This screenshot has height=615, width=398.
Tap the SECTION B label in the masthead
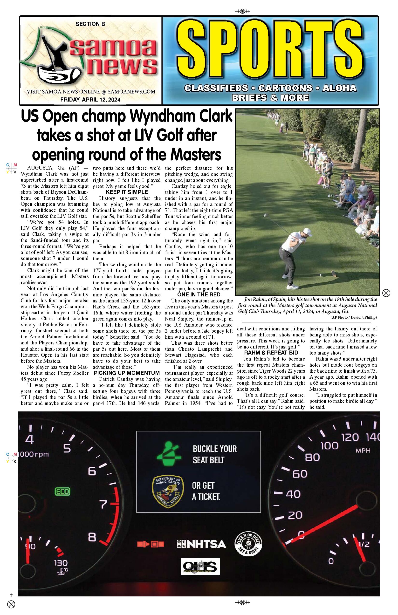click(x=90, y=24)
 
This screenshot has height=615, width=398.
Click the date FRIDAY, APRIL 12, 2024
click(x=90, y=100)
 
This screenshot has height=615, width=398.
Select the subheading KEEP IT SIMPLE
click(x=127, y=192)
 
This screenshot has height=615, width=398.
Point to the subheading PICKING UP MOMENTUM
click(x=127, y=373)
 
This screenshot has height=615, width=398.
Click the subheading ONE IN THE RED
click(x=199, y=294)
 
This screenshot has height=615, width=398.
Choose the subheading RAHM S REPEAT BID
click(x=271, y=353)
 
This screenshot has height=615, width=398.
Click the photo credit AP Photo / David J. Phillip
click(x=353, y=317)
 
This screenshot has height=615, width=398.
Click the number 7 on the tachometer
click(x=103, y=504)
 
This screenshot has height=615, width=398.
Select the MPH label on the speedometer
click(x=363, y=451)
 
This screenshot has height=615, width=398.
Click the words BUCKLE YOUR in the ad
click(x=214, y=449)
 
